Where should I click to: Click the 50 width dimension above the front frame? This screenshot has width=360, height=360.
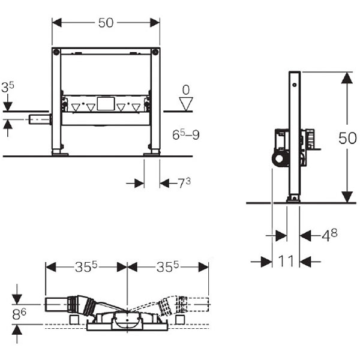(x=106, y=23)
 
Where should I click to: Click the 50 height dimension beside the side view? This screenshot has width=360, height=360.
(x=347, y=138)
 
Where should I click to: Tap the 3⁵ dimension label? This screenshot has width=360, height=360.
(x=8, y=87)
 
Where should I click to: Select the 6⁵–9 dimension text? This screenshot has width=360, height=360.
(x=186, y=135)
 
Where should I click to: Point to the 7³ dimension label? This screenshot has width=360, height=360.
(x=184, y=183)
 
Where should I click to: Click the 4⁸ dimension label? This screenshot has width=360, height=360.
(x=329, y=235)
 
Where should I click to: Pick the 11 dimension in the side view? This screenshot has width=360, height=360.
(x=286, y=261)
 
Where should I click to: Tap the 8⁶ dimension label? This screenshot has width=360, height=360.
(x=19, y=314)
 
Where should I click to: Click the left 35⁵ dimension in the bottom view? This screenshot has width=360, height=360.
(x=86, y=267)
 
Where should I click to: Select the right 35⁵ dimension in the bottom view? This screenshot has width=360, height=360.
(x=167, y=267)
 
